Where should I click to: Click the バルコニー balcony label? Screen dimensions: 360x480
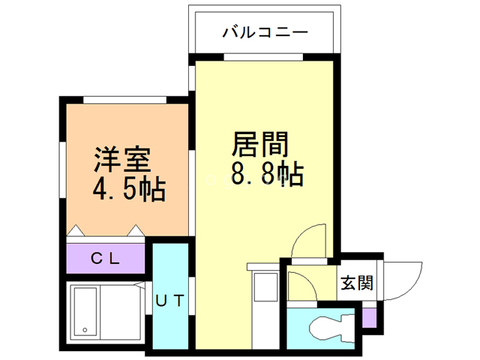click(265, 33)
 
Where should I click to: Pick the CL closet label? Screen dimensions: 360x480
click(105, 259)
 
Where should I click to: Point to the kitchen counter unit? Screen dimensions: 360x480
click(264, 289)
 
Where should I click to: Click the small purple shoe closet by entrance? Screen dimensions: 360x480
click(368, 317)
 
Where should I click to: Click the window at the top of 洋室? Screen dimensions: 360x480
click(124, 100)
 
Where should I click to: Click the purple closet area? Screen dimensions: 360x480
click(105, 259)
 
